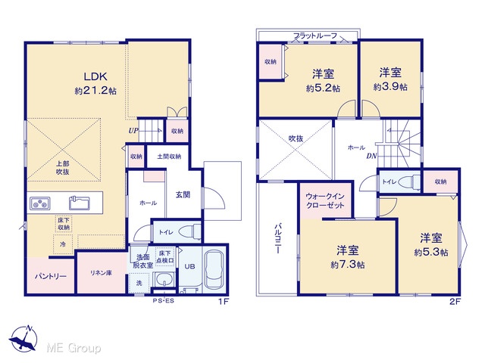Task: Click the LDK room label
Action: (95, 76)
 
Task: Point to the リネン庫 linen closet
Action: (101, 272)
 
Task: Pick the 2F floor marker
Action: (455, 302)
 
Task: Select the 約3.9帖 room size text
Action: (390, 87)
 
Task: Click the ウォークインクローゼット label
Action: (326, 200)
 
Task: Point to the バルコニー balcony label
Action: (278, 242)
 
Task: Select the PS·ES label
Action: (164, 302)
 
